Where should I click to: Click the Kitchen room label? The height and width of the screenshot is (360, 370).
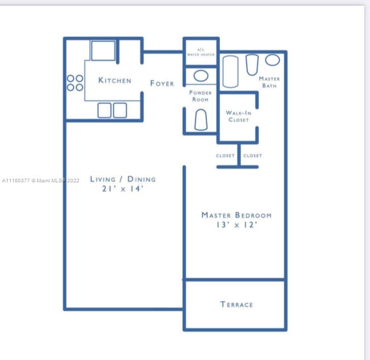click(x=115, y=80)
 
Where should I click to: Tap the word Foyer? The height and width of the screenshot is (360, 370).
click(x=162, y=83)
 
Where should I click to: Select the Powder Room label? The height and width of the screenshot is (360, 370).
click(x=201, y=96)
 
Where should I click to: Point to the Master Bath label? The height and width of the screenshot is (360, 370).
click(x=269, y=82)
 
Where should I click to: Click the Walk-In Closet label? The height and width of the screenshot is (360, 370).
click(x=239, y=116)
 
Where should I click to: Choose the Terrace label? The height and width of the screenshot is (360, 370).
click(x=237, y=304)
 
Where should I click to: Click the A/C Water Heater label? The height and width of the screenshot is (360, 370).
click(x=201, y=52)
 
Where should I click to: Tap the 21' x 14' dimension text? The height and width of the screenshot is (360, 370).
click(x=123, y=188)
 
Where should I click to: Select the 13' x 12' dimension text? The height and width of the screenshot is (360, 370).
click(x=237, y=225)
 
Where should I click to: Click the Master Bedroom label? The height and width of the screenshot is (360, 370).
click(x=237, y=215)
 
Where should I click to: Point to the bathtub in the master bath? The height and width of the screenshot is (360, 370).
click(x=231, y=71)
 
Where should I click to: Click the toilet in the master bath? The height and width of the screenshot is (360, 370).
click(x=252, y=65)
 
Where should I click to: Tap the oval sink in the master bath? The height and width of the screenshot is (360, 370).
click(x=273, y=60)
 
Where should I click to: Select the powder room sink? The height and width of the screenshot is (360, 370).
click(x=201, y=76)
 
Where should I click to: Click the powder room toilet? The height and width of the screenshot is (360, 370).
click(x=201, y=120)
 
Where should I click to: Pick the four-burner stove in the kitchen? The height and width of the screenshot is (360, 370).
click(x=75, y=83)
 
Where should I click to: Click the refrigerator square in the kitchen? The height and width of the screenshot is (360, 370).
click(x=103, y=51)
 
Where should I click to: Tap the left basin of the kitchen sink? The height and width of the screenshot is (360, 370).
click(x=104, y=110)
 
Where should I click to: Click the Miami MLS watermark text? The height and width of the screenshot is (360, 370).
click(x=40, y=181)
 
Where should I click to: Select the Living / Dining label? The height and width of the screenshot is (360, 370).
click(x=123, y=179)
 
